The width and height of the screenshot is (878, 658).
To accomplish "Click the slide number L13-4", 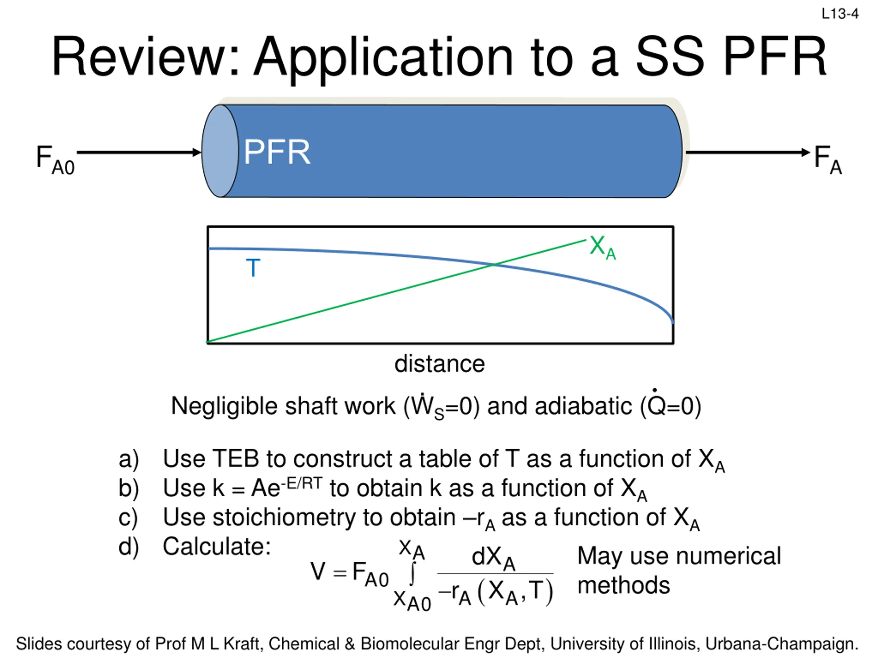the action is (840, 14).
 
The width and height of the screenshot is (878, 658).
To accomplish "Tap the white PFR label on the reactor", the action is (277, 152).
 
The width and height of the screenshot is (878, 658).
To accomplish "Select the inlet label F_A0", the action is (55, 159).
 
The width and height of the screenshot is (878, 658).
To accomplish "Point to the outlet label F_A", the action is (827, 159).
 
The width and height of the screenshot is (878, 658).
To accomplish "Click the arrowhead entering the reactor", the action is (197, 152).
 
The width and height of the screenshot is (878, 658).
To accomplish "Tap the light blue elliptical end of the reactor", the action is (220, 151).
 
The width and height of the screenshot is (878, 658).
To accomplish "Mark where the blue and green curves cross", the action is (494, 265).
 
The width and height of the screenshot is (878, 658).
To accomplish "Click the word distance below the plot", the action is (439, 364).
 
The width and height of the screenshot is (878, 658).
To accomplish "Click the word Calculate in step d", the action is (216, 547).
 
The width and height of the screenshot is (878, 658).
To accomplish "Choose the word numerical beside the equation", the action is (729, 556).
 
